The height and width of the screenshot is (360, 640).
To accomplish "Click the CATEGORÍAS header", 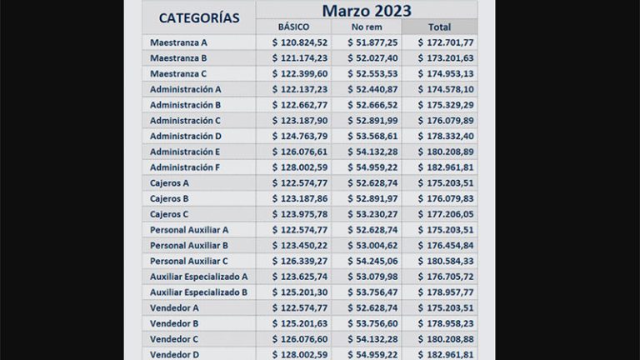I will point(198,17).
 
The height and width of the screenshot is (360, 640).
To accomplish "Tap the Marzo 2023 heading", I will point(367,10).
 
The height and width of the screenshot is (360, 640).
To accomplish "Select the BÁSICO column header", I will point(293,27).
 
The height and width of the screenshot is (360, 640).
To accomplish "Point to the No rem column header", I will point(367,27).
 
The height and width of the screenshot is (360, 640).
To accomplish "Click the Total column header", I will point(439,27).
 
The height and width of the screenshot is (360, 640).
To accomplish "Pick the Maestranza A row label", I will point(179,42).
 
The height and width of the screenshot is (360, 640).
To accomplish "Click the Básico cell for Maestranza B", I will point(300,58).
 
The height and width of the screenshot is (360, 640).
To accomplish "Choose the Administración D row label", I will point(186,136).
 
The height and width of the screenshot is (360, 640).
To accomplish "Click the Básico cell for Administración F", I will point(300,167).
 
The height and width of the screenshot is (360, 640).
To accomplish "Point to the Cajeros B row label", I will point(169,198).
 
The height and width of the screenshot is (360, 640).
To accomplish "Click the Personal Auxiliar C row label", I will point(189,261).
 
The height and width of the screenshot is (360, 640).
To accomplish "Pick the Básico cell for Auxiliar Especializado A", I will point(300,277).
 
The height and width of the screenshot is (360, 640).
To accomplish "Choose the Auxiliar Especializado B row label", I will point(198,292).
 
